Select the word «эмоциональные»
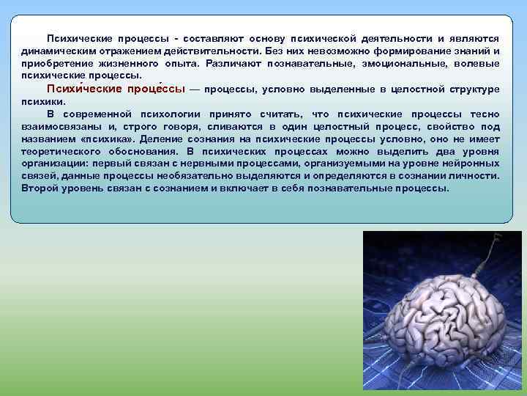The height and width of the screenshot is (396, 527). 408,64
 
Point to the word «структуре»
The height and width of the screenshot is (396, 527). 474,89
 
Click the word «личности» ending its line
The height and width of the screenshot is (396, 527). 478,176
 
